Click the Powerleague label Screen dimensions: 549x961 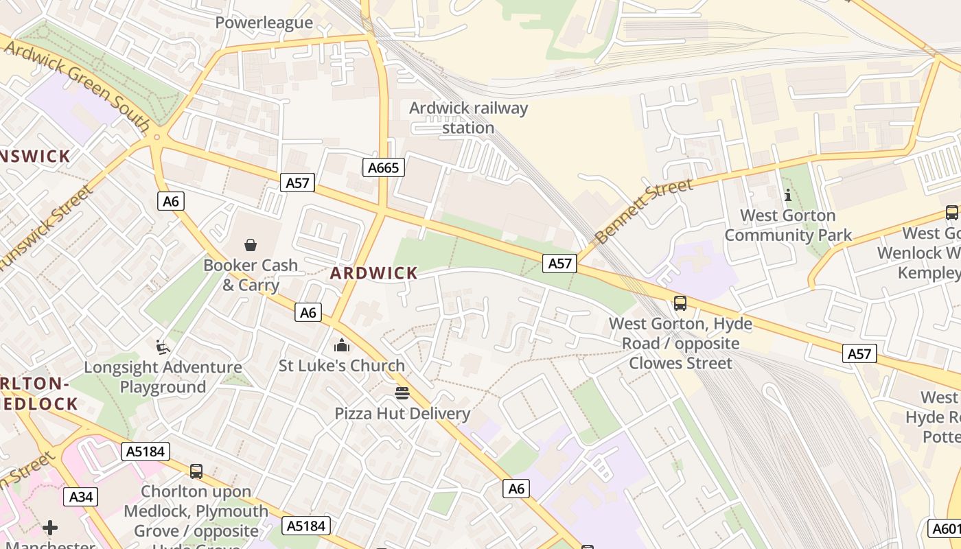(264, 23)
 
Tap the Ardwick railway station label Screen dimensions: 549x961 (468, 118)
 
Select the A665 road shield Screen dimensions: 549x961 (383, 167)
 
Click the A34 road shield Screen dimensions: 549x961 (81, 497)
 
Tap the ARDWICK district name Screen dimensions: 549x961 (373, 273)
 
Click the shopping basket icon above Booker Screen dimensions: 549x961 (251, 245)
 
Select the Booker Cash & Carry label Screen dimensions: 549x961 (251, 274)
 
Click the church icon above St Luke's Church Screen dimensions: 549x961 (341, 345)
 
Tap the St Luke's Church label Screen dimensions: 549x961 (341, 366)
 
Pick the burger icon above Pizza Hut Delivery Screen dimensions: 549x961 (402, 393)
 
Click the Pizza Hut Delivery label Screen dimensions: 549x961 (402, 414)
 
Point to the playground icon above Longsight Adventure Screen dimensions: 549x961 (163, 347)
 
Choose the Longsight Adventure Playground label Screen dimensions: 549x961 (163, 377)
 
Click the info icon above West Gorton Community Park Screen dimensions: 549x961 (787, 195)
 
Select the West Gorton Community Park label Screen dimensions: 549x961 (787, 225)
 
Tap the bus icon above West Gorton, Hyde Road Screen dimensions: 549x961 (680, 303)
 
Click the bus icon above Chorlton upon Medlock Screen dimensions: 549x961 (196, 471)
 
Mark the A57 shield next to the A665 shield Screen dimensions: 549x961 (298, 183)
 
